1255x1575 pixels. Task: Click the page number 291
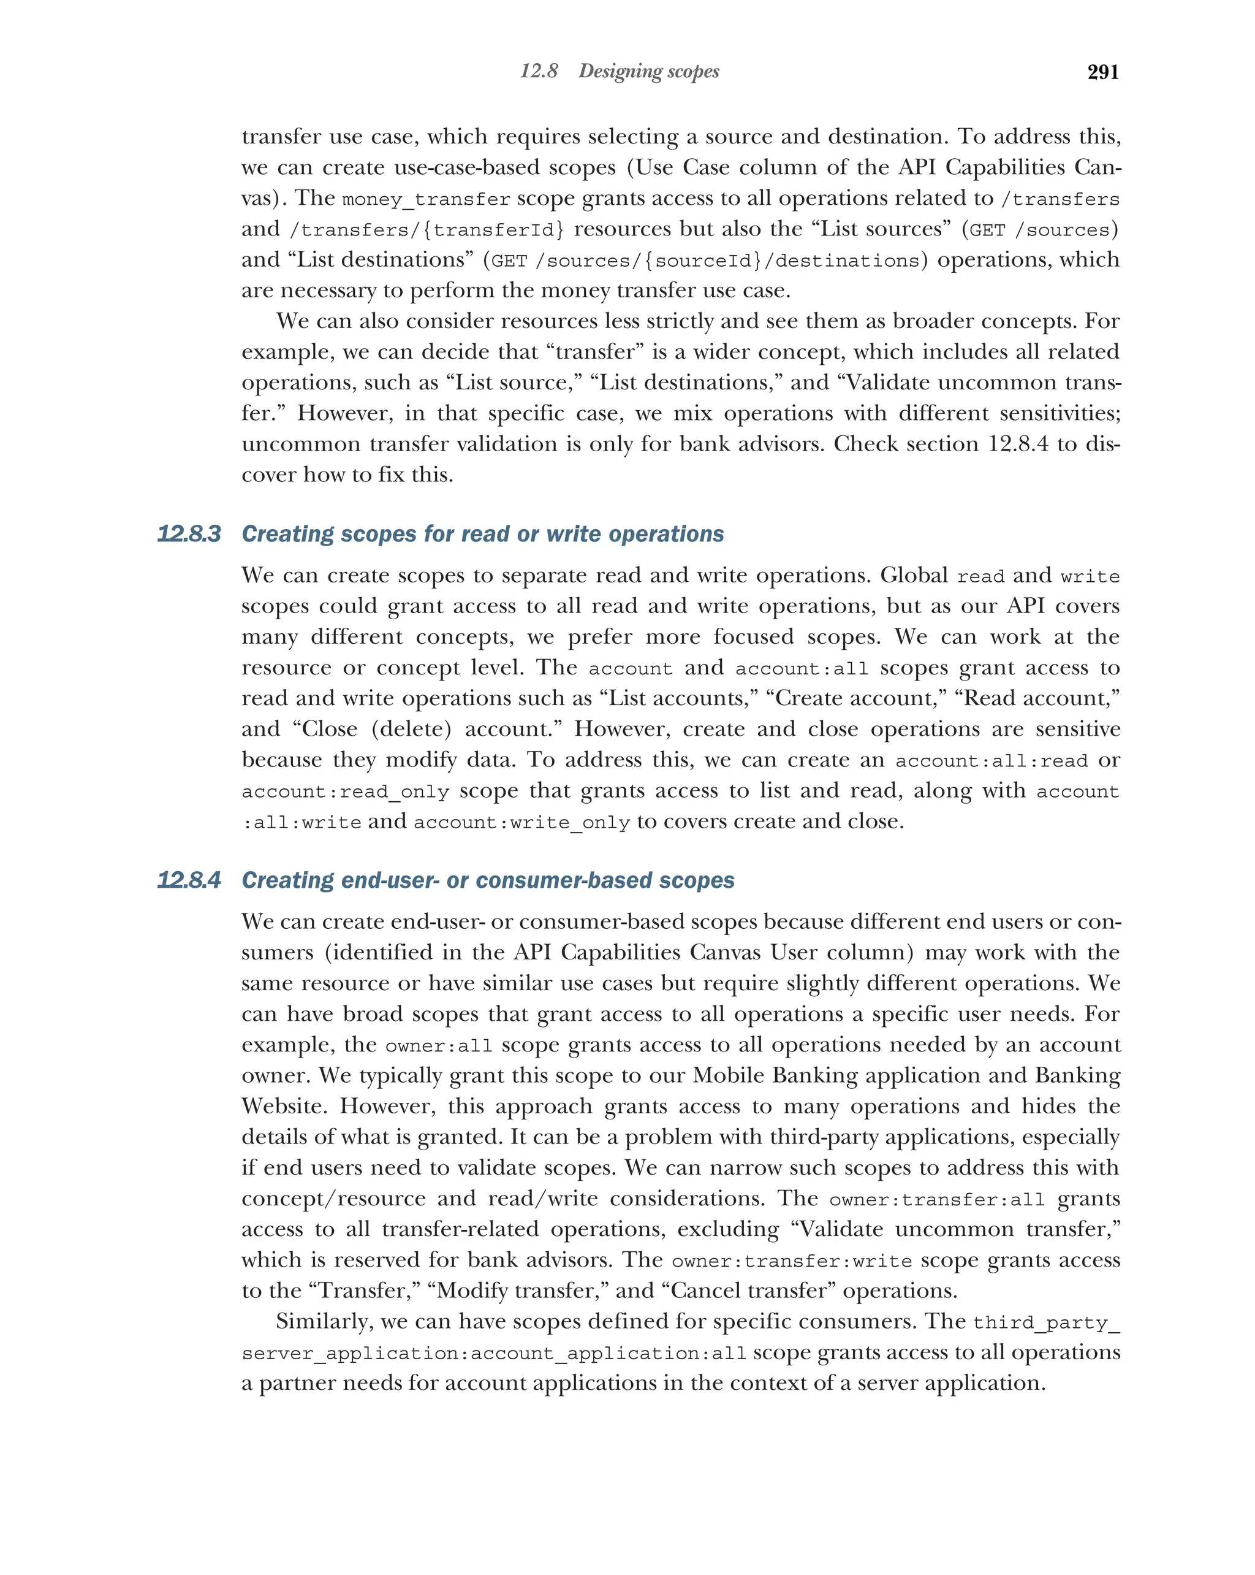coord(1102,72)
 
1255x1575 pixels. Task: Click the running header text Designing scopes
coord(648,71)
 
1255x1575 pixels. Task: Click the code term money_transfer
coord(426,199)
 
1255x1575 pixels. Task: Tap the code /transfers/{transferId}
coord(427,230)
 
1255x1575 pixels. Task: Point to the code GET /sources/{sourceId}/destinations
coord(705,261)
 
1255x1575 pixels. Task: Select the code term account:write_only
coord(521,823)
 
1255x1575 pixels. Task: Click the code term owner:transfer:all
coord(937,1200)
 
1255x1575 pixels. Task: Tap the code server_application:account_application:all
coord(493,1354)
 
